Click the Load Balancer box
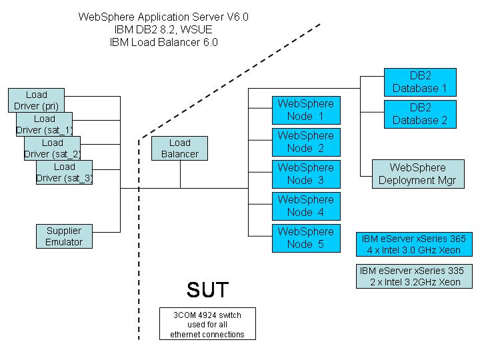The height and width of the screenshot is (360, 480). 179,148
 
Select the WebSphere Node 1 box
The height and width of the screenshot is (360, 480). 305,110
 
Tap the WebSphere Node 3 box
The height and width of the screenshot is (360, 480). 305,174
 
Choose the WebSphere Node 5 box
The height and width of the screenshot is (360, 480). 305,238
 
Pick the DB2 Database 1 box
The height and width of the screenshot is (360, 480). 420,82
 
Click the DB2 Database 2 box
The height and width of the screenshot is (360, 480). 420,114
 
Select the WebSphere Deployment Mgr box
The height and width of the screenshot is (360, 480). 417,174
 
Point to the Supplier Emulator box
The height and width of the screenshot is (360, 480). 64,237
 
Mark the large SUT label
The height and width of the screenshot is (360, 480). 207,289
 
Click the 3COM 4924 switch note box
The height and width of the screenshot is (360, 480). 207,324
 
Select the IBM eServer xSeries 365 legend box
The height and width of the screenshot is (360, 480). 413,244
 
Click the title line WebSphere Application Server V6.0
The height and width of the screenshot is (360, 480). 163,17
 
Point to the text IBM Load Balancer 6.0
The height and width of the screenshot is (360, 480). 163,42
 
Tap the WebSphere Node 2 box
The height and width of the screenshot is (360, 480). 305,142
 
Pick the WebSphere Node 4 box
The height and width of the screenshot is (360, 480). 305,206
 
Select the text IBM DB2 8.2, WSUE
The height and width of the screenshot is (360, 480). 163,29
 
